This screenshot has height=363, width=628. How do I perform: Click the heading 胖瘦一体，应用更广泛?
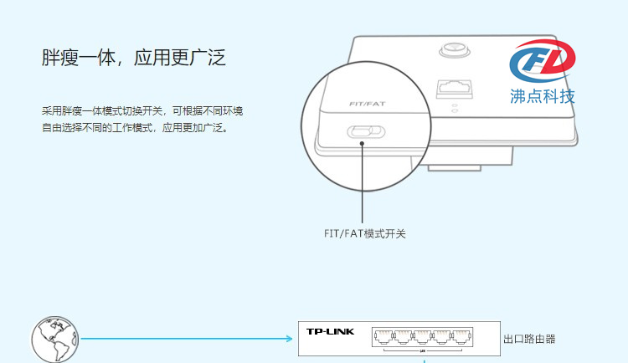[134, 58]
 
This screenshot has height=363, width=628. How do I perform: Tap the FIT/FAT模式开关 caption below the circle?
[365, 233]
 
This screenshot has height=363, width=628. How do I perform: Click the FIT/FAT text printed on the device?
[368, 104]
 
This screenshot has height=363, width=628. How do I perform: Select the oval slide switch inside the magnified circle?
[366, 132]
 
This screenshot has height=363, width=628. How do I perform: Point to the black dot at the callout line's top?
[362, 144]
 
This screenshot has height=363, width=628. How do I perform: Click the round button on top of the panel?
[455, 50]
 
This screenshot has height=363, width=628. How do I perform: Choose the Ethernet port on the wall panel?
[455, 89]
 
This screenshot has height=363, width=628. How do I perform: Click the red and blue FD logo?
[543, 61]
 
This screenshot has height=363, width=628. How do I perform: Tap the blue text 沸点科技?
[543, 96]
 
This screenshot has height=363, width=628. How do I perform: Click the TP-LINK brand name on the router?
[331, 331]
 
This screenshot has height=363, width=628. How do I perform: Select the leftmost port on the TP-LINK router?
[383, 337]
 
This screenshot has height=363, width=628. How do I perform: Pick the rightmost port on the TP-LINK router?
[461, 337]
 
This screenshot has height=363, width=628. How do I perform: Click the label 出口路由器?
[529, 340]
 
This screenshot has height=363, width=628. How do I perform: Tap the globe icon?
[55, 340]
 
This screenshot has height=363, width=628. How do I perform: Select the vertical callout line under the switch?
[362, 184]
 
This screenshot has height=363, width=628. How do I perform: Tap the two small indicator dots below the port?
[455, 108]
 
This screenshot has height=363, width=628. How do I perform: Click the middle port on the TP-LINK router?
[422, 337]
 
